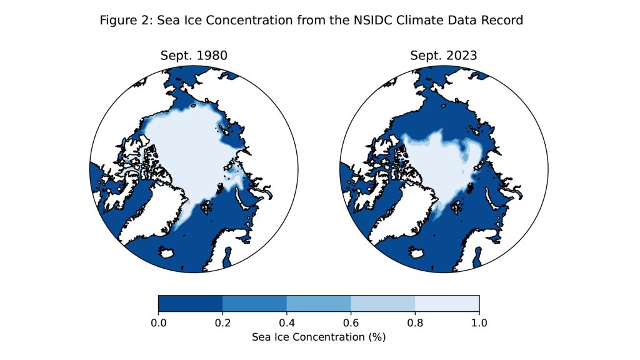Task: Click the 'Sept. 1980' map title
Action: (x=194, y=56)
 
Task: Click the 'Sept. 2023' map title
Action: (x=444, y=56)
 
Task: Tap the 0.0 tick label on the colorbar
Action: (x=158, y=322)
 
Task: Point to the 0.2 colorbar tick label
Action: (x=222, y=322)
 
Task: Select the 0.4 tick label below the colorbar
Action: (x=287, y=322)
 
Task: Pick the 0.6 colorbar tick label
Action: (x=351, y=322)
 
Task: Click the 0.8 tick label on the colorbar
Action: (x=415, y=322)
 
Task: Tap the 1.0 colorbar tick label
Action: (x=479, y=322)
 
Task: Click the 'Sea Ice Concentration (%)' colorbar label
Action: (x=319, y=337)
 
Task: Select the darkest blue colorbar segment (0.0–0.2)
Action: (x=190, y=303)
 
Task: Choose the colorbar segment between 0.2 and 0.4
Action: (x=254, y=303)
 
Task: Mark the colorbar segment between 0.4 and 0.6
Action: (x=319, y=303)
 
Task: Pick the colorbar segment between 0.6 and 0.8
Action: (x=383, y=303)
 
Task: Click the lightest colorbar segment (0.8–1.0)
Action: (x=447, y=303)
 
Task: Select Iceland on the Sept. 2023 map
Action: (x=417, y=252)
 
